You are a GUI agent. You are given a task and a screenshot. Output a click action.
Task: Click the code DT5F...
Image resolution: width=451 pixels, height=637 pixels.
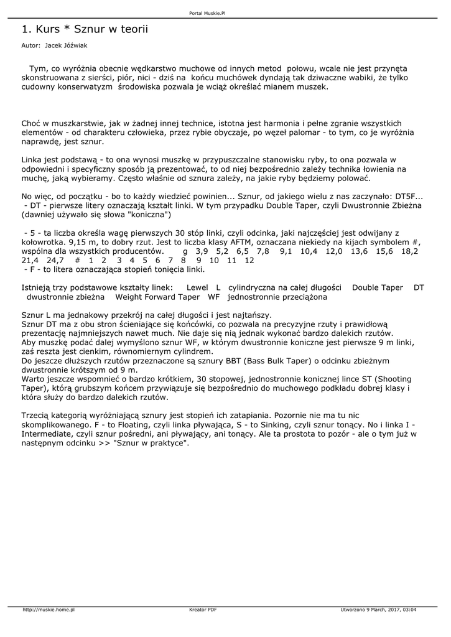pyautogui.click(x=407, y=197)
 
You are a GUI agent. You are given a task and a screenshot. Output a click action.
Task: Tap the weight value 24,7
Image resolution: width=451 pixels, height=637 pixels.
pyautogui.click(x=55, y=260)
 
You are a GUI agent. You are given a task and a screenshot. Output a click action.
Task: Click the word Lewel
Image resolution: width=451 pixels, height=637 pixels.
pyautogui.click(x=197, y=288)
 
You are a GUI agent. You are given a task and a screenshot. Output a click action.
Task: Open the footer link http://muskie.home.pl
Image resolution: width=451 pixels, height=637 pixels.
pyautogui.click(x=49, y=609)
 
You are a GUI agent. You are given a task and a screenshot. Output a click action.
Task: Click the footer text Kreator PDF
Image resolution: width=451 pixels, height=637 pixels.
pyautogui.click(x=203, y=609)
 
